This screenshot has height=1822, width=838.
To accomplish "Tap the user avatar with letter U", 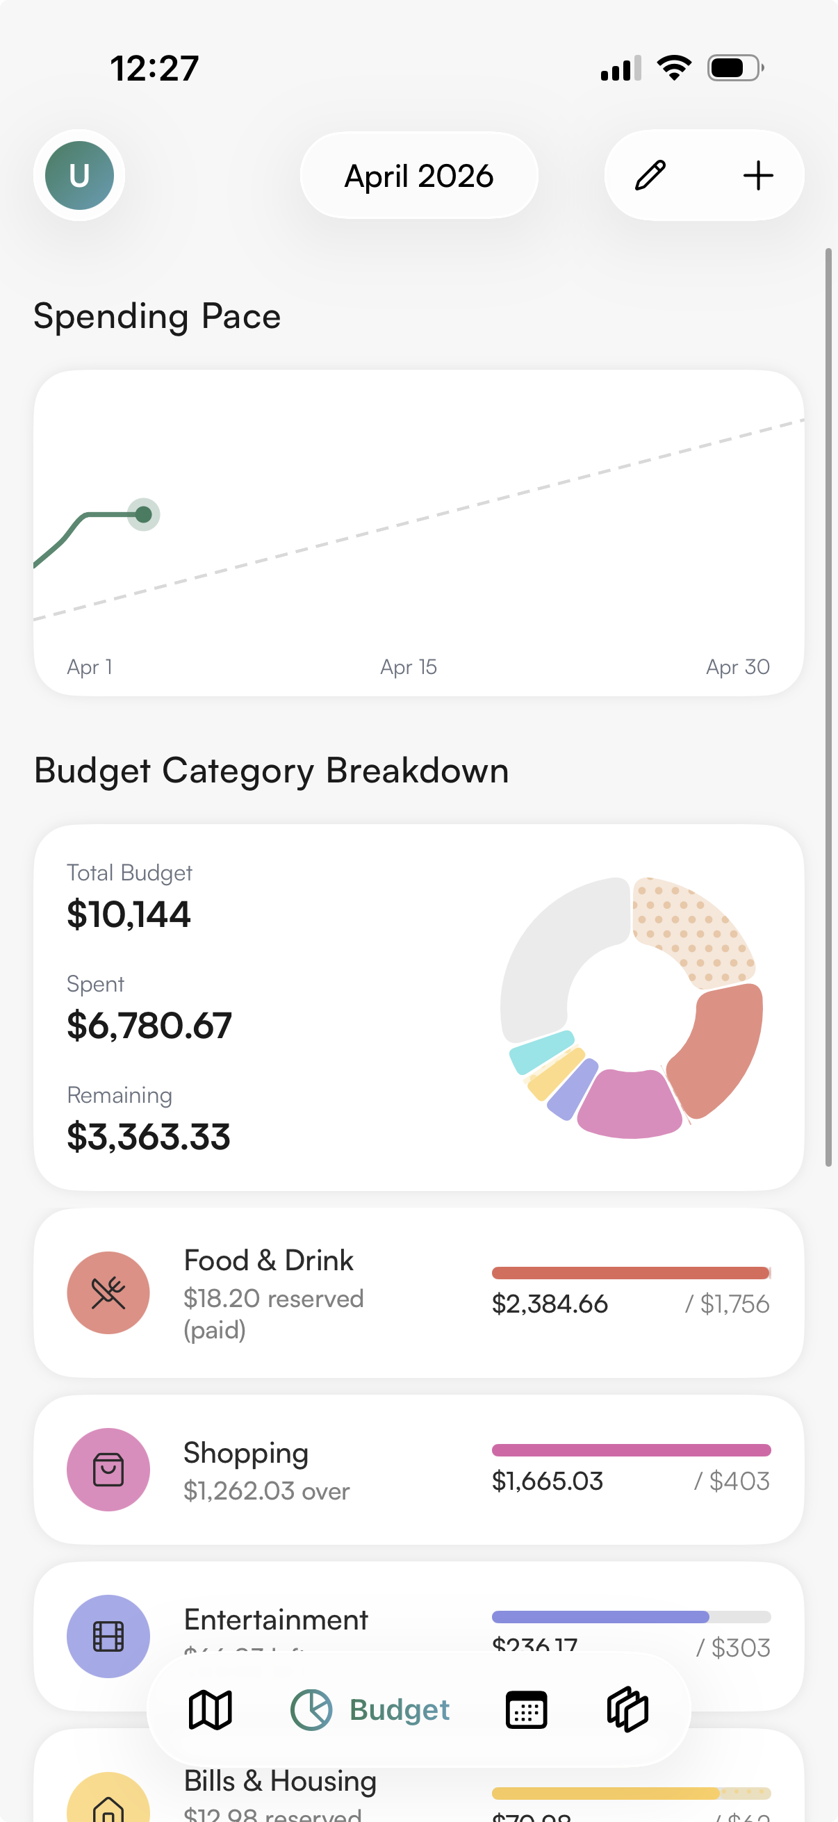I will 79,174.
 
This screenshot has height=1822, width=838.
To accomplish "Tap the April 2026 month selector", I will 418,175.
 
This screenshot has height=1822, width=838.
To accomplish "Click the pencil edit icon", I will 650,175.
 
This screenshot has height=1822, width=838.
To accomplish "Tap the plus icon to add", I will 757,175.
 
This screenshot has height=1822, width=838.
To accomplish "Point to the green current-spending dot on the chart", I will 144,514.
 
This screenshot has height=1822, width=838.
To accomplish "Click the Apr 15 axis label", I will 408,667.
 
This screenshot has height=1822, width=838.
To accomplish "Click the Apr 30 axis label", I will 737,667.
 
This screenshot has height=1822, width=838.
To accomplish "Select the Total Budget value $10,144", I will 129,914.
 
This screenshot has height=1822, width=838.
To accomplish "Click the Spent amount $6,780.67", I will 149,1025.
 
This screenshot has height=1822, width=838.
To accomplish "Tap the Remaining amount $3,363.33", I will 149,1136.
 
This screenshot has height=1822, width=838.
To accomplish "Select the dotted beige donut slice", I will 689,926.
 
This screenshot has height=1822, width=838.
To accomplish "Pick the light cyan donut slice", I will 542,1051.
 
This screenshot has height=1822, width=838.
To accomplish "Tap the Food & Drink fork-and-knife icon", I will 108,1293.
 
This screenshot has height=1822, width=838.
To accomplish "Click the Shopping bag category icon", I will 108,1469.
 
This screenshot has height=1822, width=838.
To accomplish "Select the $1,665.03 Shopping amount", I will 548,1480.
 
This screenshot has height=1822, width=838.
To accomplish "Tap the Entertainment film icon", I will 108,1635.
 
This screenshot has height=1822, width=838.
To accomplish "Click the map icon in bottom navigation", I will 210,1710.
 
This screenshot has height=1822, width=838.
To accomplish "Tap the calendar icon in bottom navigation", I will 526,1710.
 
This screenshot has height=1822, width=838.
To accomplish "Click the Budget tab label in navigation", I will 400,1710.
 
